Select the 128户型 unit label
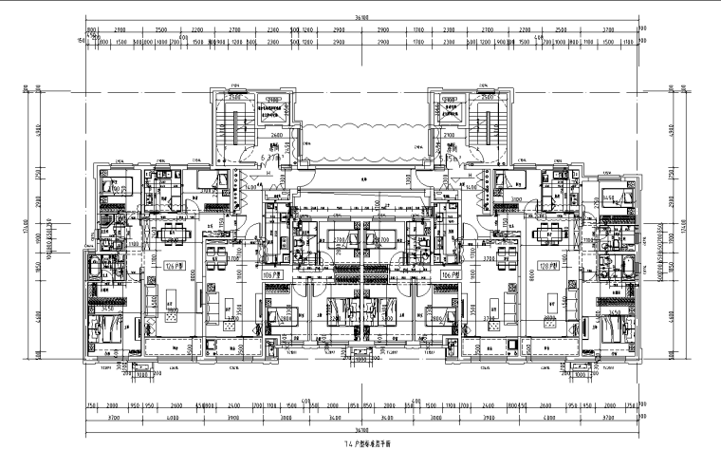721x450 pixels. pyautogui.click(x=547, y=265)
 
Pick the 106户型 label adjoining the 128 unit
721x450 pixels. pyautogui.click(x=449, y=274)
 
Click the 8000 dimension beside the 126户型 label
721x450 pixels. pyautogui.click(x=193, y=275)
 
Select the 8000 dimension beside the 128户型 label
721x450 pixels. pyautogui.click(x=529, y=275)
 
